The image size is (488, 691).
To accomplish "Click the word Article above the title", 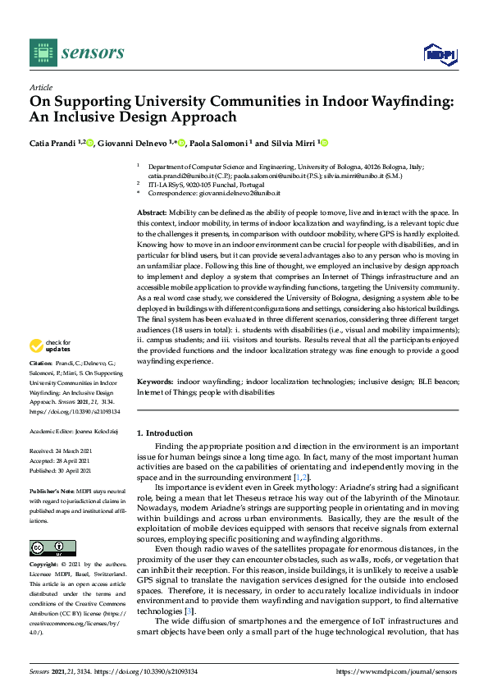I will [x=40, y=87].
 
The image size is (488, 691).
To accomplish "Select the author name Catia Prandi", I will [x=53, y=144].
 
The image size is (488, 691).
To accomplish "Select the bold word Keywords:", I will [x=155, y=382].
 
